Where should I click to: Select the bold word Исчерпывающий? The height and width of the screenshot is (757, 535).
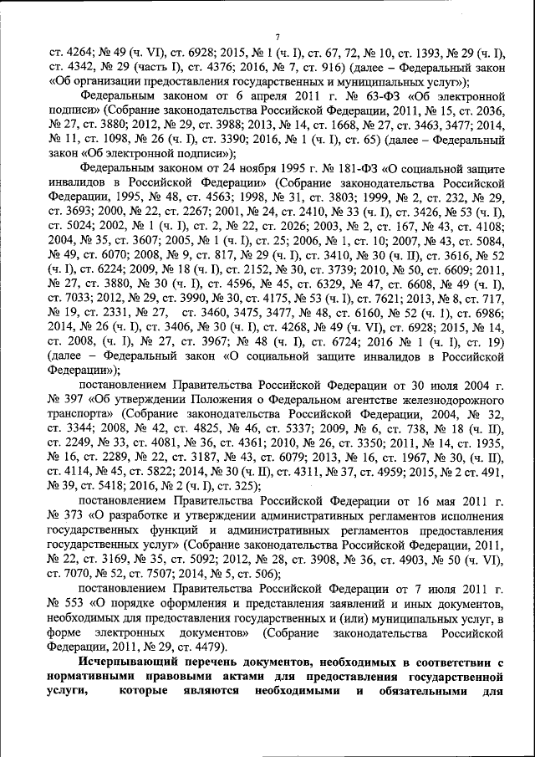(124, 661)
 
